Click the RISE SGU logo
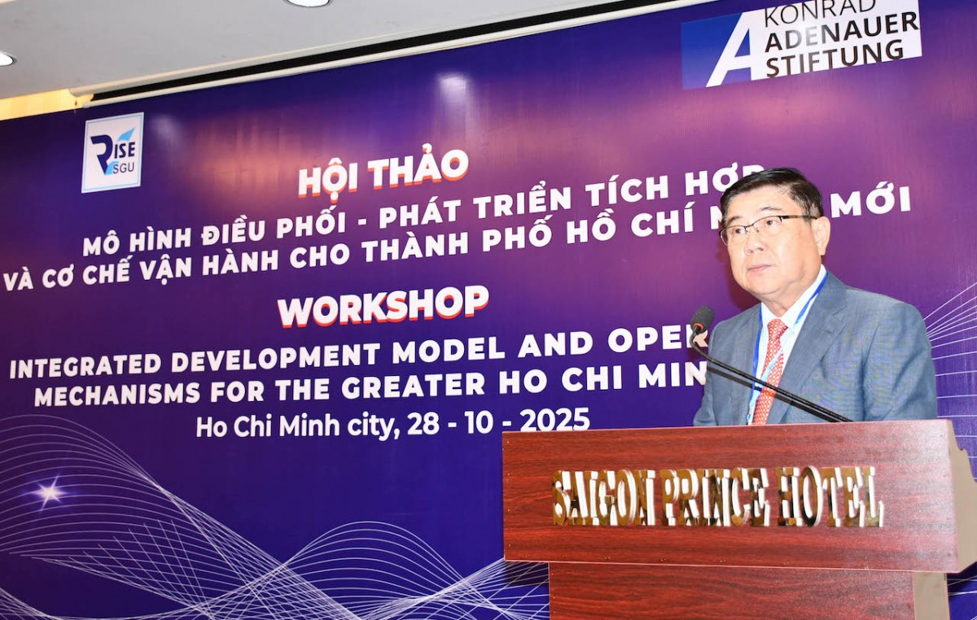pos(112,152)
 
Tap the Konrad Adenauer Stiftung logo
pos(802,41)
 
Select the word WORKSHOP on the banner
pos(383,306)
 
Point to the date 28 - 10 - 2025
pos(498,420)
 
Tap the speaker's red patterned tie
pos(769,370)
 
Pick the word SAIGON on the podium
pos(603,497)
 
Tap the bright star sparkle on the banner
pos(49,491)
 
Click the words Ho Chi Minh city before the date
pos(296,426)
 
